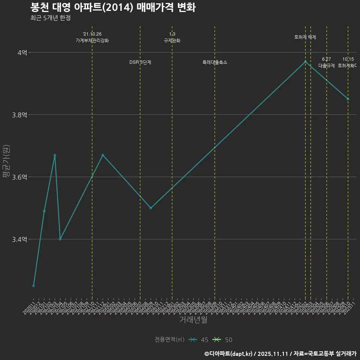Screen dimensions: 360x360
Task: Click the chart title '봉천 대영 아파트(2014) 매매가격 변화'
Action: pos(112,7)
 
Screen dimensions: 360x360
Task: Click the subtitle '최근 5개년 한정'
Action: pos(50,18)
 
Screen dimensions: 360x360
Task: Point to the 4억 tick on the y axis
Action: pos(22,53)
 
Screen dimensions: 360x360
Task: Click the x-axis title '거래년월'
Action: pos(193,320)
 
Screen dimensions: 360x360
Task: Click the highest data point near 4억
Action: pos(305,61)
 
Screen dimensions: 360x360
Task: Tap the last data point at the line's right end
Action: pos(348,99)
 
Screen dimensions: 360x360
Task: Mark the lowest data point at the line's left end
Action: pos(33,286)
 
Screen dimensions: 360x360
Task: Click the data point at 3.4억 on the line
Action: pos(60,239)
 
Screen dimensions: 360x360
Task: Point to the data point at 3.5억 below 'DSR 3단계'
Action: pos(151,208)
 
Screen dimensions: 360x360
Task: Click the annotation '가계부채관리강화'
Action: pos(92,40)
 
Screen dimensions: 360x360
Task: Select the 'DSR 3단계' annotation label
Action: pos(140,62)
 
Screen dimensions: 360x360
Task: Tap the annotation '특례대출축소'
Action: pos(214,62)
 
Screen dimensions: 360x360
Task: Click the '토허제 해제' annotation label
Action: pos(305,37)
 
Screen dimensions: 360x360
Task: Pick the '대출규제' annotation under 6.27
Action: pos(326,66)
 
